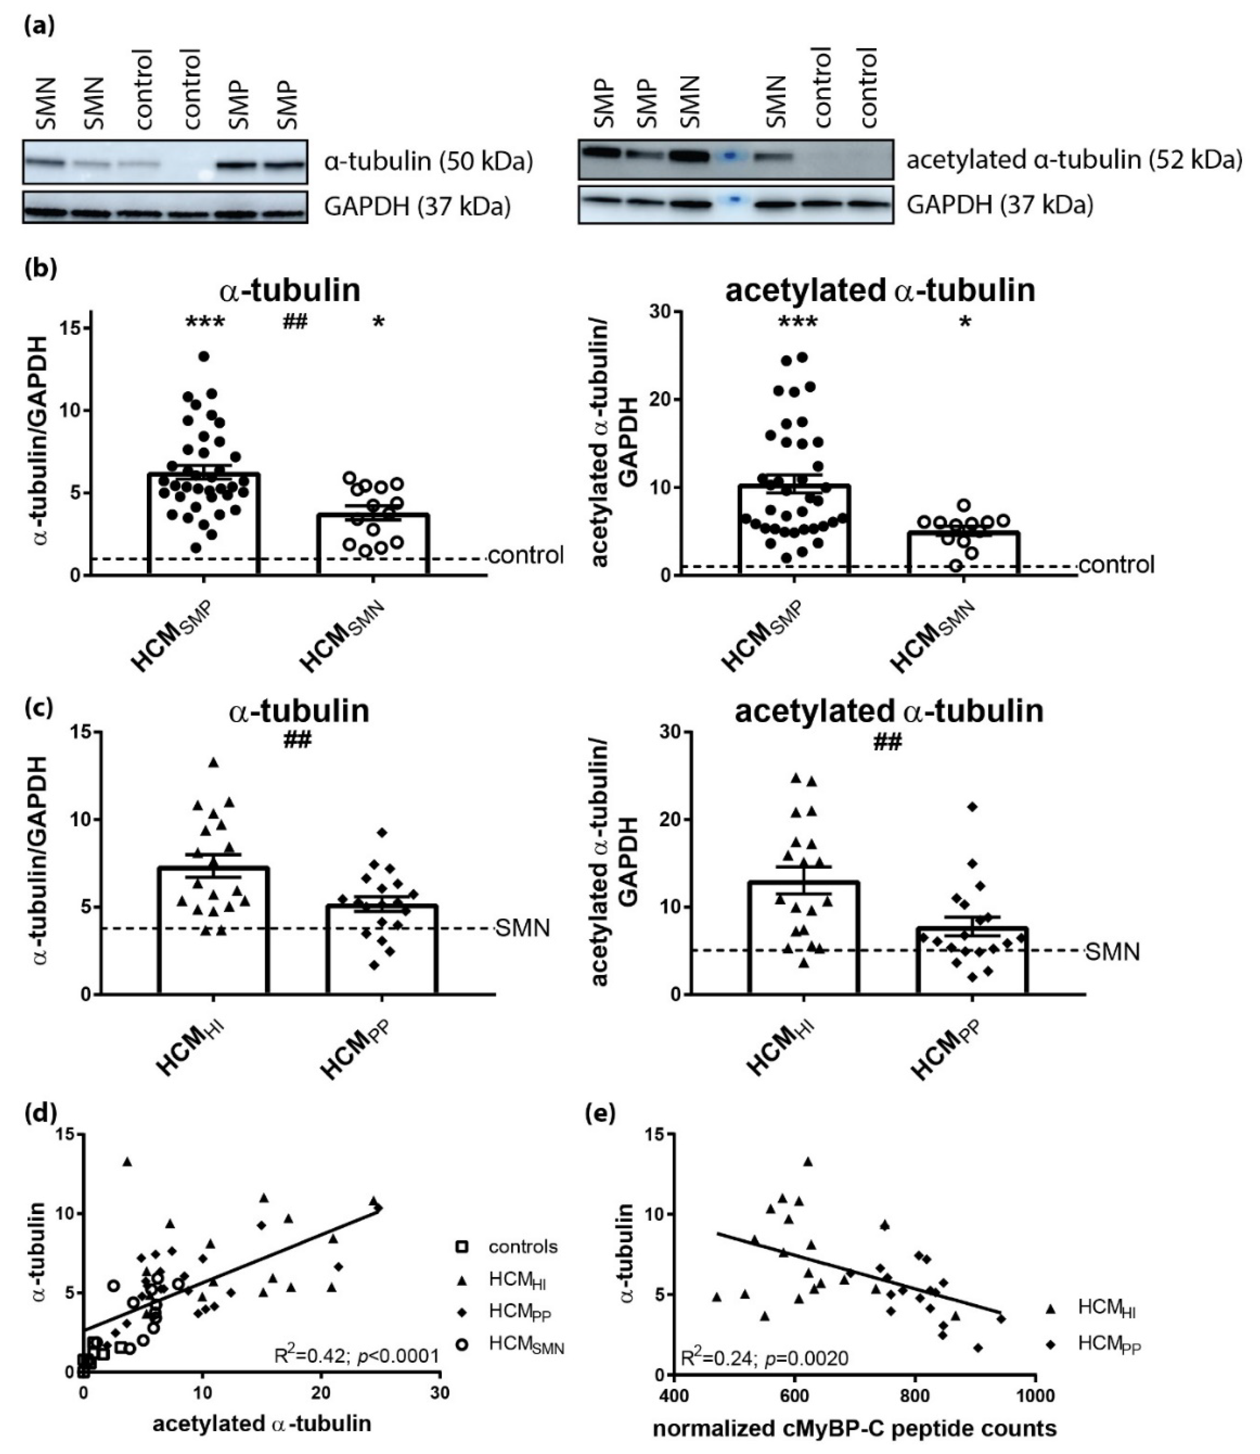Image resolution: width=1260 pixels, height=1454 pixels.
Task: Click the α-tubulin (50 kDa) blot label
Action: (x=428, y=162)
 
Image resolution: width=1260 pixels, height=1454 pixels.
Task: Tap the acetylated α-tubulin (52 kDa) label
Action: (x=1073, y=161)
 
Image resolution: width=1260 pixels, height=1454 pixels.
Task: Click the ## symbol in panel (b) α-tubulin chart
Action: (x=295, y=323)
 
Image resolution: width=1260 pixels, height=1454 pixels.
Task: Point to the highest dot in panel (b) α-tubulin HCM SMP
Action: (x=204, y=357)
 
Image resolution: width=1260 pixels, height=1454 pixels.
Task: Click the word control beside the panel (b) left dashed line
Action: (x=526, y=556)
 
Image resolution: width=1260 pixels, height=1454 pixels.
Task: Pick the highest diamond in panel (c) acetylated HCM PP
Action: (x=972, y=806)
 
